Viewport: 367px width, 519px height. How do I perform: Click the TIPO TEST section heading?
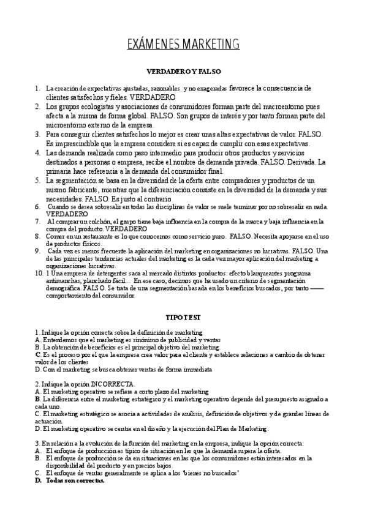tap(184, 318)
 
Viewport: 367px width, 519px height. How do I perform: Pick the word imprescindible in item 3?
tap(74, 143)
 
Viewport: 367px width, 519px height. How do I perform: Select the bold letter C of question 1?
tap(38, 354)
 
